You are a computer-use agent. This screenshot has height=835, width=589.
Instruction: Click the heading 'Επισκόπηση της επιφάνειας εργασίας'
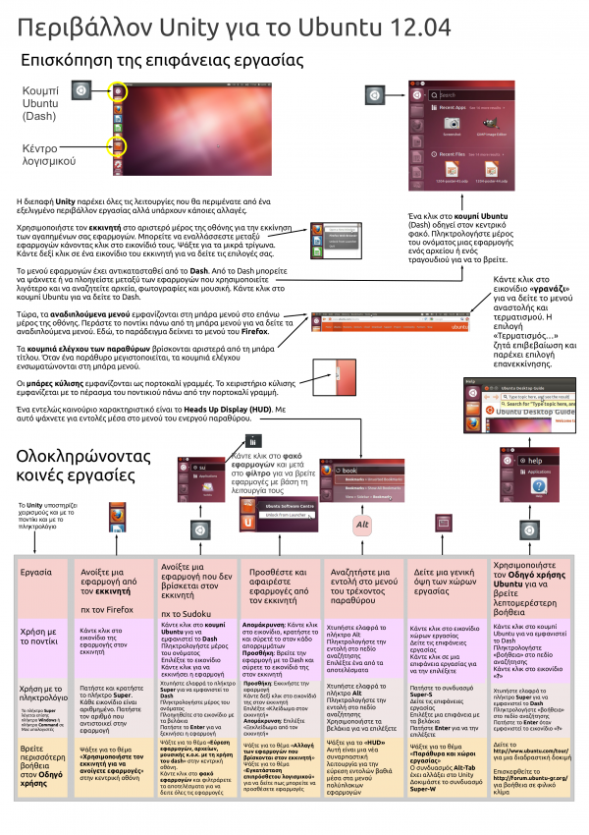[162, 61]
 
